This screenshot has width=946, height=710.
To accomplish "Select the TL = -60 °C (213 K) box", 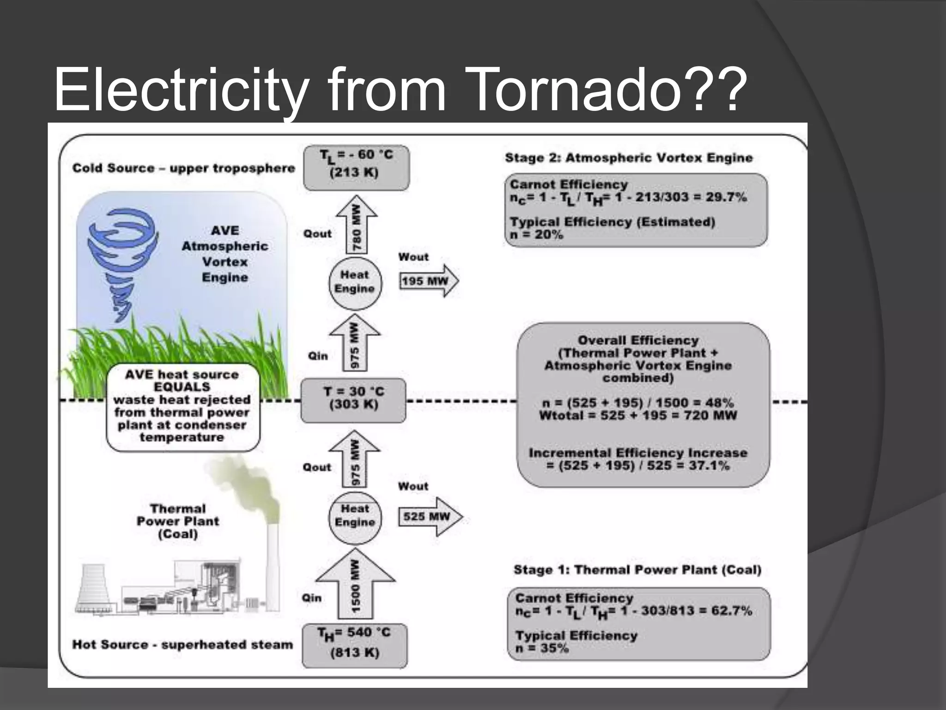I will (x=356, y=168).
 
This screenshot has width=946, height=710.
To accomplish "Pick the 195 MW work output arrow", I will (x=428, y=281).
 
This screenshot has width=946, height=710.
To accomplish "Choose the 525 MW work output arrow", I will (x=429, y=516).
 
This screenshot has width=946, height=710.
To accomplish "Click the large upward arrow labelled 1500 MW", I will (x=355, y=585).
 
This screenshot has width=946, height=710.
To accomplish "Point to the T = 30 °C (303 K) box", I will (x=353, y=400).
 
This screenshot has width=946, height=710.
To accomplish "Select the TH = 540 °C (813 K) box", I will (x=355, y=645).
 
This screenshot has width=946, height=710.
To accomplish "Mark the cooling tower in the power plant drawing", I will (x=95, y=589).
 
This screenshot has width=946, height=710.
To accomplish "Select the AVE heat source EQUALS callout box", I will (x=182, y=407).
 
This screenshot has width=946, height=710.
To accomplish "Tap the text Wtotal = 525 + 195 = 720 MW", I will (x=637, y=416).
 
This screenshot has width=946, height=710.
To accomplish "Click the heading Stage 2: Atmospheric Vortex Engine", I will (x=629, y=158).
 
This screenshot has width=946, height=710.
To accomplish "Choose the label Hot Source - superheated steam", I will (x=182, y=645).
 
